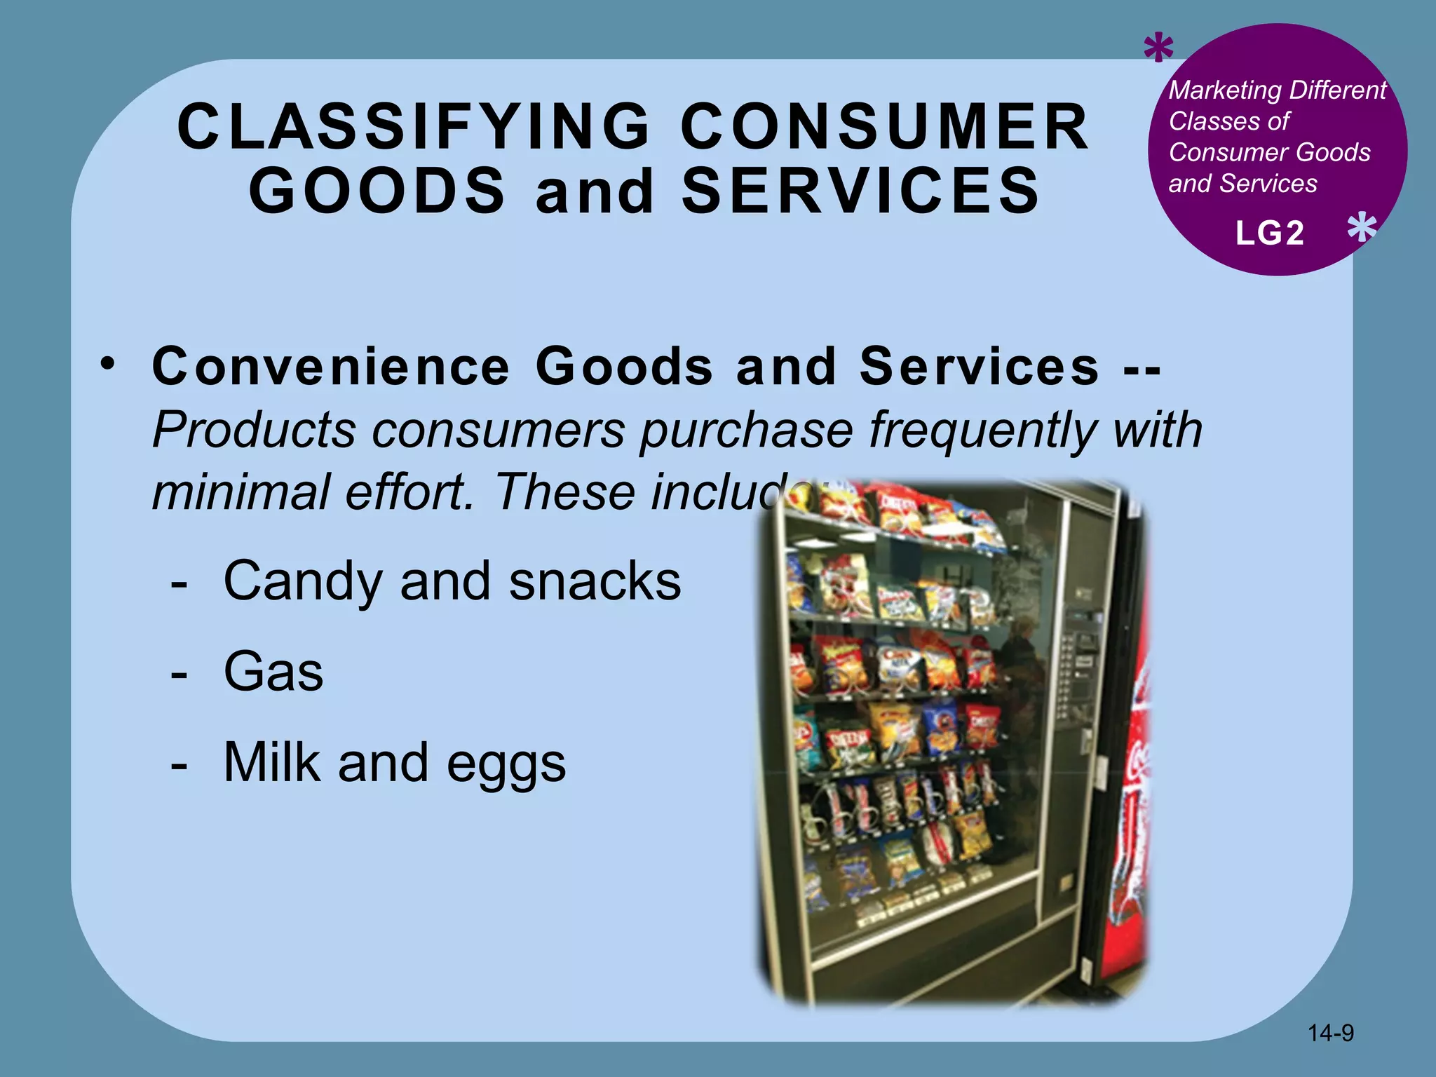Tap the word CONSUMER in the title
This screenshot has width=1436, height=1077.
point(885,127)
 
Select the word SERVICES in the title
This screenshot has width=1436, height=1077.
point(861,191)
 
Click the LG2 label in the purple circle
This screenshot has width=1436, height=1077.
point(1270,233)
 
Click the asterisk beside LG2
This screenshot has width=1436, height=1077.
point(1362,229)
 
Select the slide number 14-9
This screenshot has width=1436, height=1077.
point(1330,1033)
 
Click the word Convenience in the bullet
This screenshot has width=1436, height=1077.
point(331,367)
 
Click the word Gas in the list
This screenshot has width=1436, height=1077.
point(273,672)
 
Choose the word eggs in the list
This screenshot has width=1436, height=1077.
point(506,764)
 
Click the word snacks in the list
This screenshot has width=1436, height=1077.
point(595,582)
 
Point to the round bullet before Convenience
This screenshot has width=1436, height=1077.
point(107,365)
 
